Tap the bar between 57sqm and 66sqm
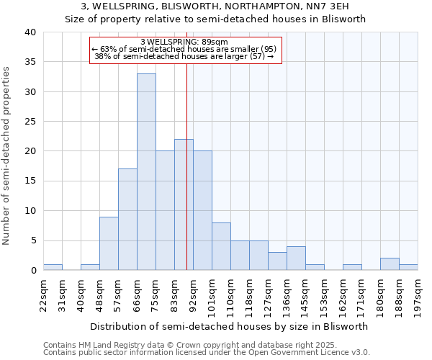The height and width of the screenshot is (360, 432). [x=127, y=220]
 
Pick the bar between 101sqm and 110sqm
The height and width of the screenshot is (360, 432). [x=221, y=246]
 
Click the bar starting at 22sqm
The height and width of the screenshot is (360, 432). [x=53, y=267]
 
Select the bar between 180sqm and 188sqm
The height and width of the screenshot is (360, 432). [x=390, y=264]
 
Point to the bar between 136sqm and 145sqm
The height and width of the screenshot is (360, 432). [x=296, y=258]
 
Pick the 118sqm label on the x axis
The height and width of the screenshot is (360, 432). [x=249, y=294]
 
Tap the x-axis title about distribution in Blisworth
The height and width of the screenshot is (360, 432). [x=230, y=326]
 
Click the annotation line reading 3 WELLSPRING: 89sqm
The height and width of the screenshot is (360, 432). [x=184, y=42]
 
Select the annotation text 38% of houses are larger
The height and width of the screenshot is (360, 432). [x=184, y=56]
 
